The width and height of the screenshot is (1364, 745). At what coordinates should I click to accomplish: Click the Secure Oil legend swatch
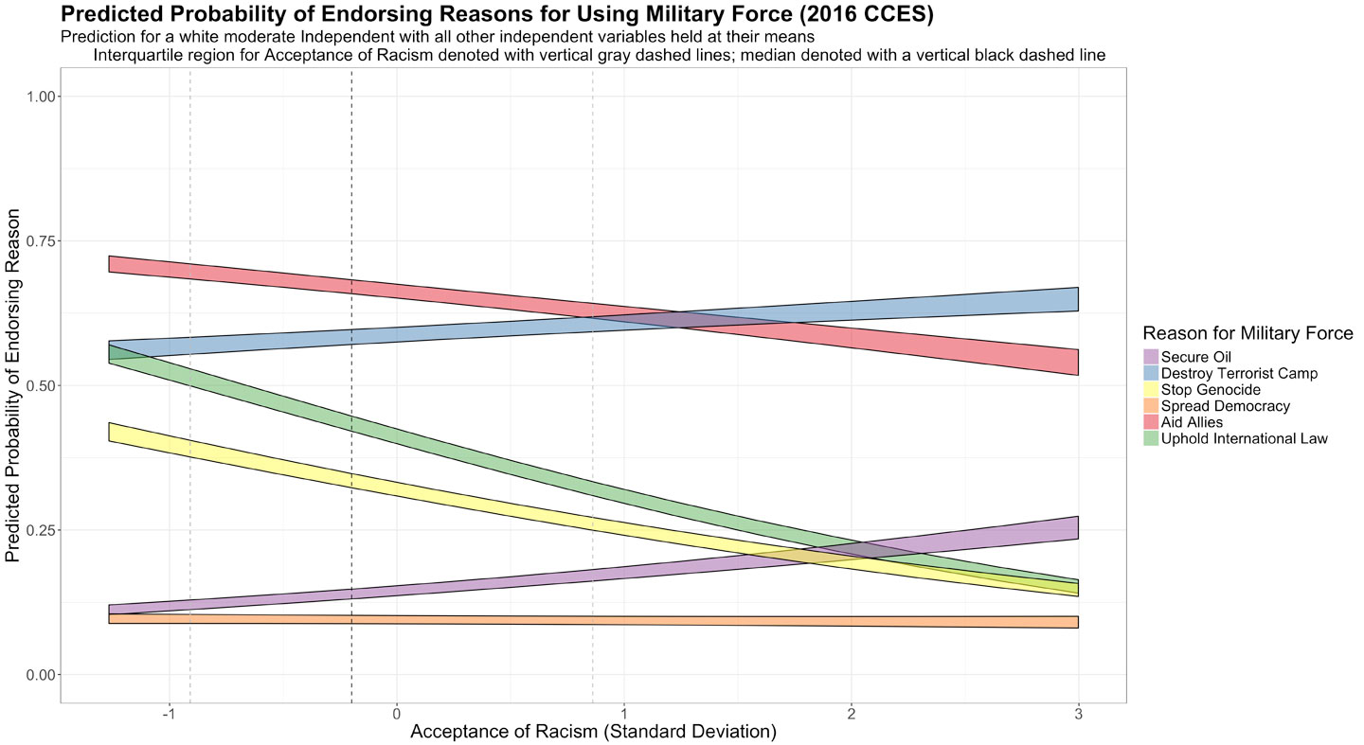click(x=1151, y=357)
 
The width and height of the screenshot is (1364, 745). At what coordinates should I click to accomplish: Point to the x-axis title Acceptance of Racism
click(x=593, y=733)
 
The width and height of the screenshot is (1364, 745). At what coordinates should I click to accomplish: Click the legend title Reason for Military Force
click(x=1247, y=333)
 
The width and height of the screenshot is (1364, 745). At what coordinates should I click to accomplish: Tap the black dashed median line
click(x=351, y=189)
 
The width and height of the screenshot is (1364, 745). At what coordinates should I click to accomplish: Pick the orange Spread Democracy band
click(x=568, y=621)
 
